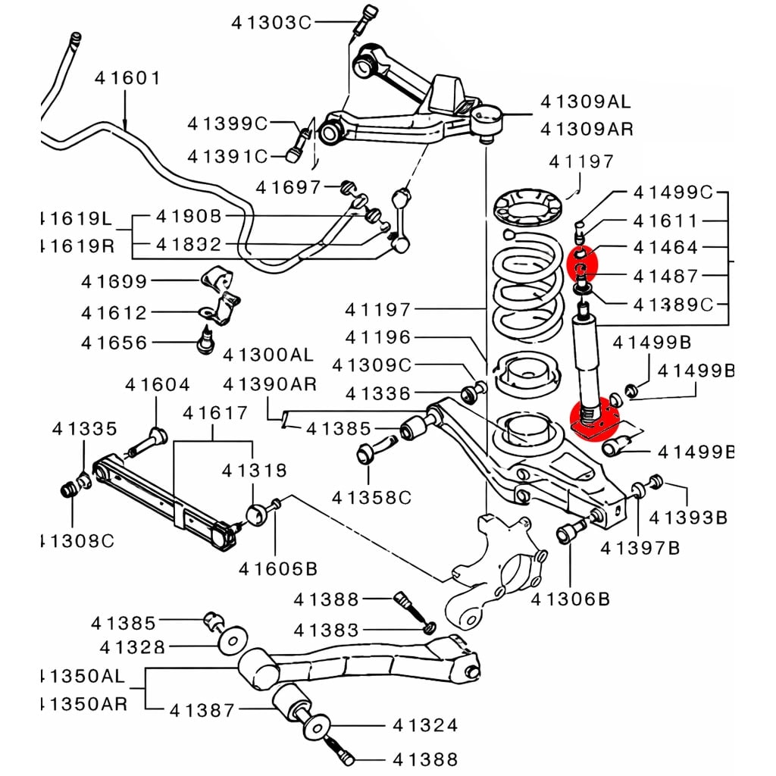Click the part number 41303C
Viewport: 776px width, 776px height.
click(271, 23)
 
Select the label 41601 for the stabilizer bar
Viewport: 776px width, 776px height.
click(127, 78)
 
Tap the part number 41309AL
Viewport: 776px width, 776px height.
click(585, 102)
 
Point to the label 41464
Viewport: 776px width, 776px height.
click(666, 248)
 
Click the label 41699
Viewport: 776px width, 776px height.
click(114, 282)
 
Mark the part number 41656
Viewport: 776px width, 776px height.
click(114, 343)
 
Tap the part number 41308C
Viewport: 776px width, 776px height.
click(76, 541)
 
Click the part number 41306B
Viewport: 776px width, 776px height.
click(571, 599)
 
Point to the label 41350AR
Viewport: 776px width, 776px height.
click(83, 702)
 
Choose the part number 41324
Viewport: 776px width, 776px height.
click(425, 725)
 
